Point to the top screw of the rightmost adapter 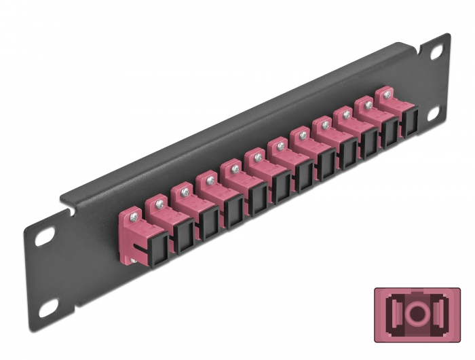point(387,96)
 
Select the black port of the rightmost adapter point(411,124)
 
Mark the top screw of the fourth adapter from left point(211,179)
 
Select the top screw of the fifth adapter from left point(235,168)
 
